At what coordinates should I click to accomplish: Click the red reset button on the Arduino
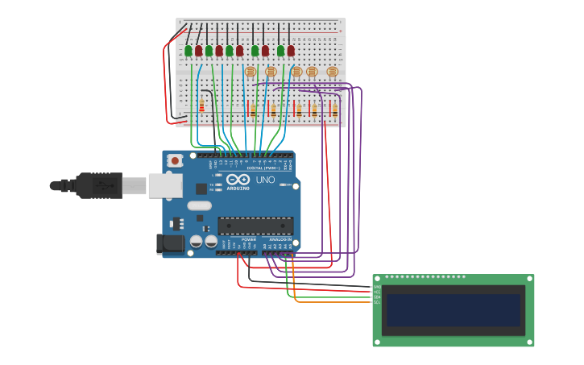[x=175, y=161]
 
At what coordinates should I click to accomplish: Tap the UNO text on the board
[x=265, y=180]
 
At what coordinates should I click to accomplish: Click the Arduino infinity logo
[x=238, y=180]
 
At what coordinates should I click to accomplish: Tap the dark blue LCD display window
[x=453, y=310]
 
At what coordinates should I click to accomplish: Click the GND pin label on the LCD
[x=376, y=287]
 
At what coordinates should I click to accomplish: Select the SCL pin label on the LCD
[x=376, y=302]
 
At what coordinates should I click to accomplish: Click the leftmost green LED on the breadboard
[x=188, y=51]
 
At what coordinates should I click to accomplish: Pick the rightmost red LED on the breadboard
[x=291, y=51]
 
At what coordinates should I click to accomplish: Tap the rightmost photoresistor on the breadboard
[x=332, y=72]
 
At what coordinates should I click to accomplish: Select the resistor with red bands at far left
[x=201, y=106]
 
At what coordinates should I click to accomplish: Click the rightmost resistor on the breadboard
[x=334, y=109]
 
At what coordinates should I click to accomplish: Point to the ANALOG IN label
[x=280, y=239]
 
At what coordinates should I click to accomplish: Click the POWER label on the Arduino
[x=249, y=239]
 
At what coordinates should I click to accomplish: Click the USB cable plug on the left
[x=97, y=185]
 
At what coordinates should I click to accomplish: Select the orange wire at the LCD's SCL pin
[x=338, y=302]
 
